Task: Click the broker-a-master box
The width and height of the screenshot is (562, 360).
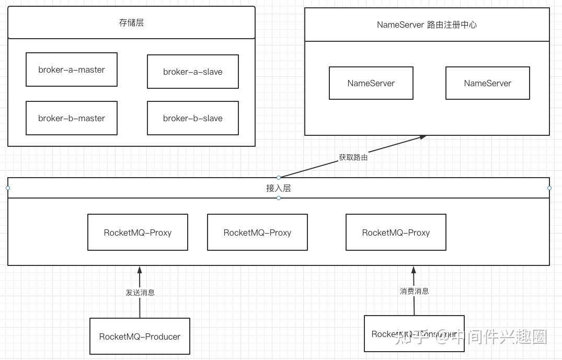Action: (72, 69)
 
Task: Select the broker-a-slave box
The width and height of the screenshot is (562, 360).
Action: (192, 72)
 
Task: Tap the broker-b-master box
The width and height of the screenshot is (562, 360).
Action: (72, 118)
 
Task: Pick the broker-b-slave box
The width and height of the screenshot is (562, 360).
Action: (192, 118)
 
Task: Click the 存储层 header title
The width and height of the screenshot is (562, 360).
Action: (131, 22)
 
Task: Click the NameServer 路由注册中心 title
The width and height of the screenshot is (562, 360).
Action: (427, 25)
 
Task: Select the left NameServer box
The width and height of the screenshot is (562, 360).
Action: (371, 83)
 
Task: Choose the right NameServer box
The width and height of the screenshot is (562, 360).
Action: (487, 83)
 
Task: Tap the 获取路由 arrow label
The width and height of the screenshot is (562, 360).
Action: (353, 157)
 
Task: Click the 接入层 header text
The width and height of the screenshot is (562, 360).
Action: (278, 188)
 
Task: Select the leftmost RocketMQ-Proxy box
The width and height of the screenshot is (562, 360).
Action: (137, 233)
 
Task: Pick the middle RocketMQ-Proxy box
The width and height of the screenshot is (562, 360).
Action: (257, 233)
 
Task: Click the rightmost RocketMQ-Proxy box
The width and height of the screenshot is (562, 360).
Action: (396, 233)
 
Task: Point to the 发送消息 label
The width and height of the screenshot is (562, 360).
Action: (140, 293)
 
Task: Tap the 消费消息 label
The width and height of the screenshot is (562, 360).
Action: (414, 291)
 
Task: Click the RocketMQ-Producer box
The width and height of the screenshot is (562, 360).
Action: (140, 336)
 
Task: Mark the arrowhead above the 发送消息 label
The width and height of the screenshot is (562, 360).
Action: (140, 270)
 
